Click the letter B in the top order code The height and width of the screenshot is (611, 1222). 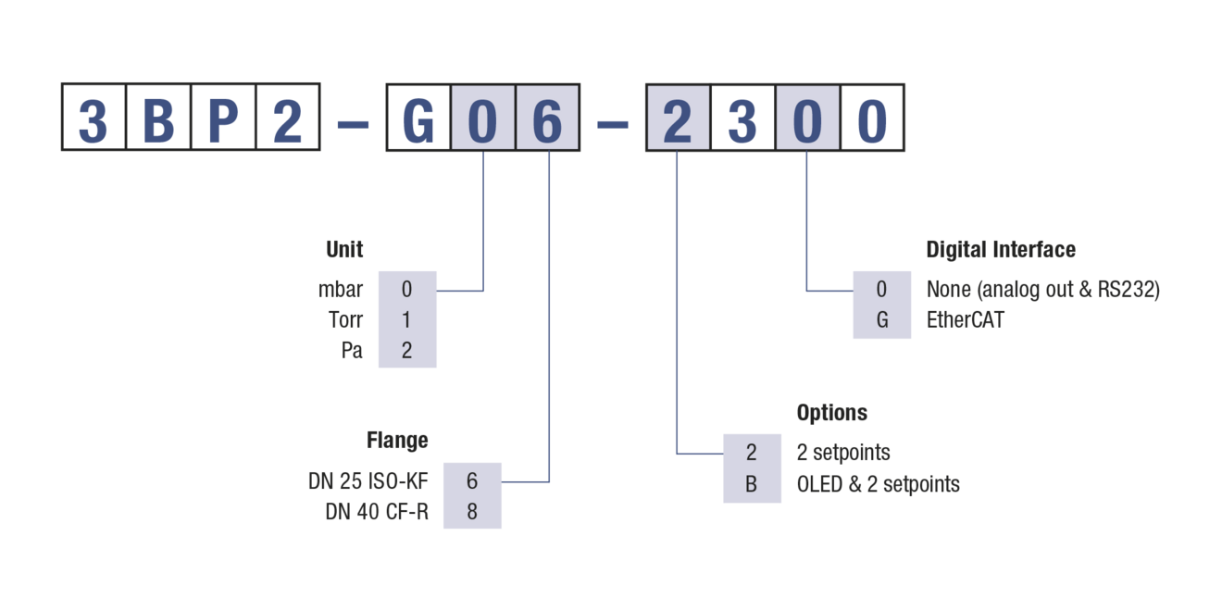[158, 118]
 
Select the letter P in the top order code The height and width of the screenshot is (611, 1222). [223, 118]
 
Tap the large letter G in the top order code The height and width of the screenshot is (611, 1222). [418, 118]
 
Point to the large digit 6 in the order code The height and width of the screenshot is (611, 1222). [548, 118]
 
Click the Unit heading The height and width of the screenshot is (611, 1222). [344, 249]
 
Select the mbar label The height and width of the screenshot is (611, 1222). [341, 289]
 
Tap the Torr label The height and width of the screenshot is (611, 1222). [345, 320]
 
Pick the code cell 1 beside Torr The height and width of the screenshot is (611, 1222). [406, 320]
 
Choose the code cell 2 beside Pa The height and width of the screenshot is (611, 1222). [406, 351]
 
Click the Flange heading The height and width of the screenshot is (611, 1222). [397, 441]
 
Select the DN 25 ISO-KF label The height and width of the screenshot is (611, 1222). [368, 481]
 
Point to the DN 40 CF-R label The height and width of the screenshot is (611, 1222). [377, 511]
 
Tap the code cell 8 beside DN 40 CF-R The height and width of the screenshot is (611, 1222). [472, 511]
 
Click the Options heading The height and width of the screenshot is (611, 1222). [832, 412]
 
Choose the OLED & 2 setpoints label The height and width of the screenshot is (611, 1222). [878, 484]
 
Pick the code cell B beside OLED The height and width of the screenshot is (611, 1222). [752, 484]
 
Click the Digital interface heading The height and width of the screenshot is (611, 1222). [1001, 249]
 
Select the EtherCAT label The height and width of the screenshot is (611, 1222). [966, 320]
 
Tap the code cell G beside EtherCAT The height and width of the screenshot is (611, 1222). [882, 320]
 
